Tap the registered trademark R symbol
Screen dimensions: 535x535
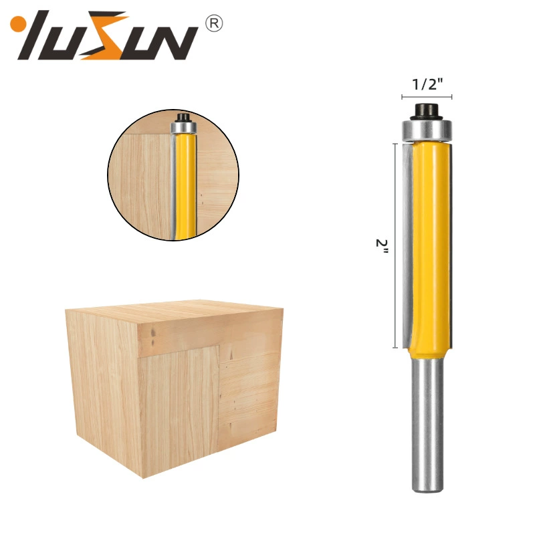coord(214,23)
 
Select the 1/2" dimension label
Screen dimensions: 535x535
coord(427,84)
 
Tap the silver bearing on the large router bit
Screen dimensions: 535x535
coord(427,130)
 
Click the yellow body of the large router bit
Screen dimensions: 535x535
coord(431,249)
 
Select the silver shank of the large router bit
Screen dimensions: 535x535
coord(427,425)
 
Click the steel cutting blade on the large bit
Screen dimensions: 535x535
coord(408,245)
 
